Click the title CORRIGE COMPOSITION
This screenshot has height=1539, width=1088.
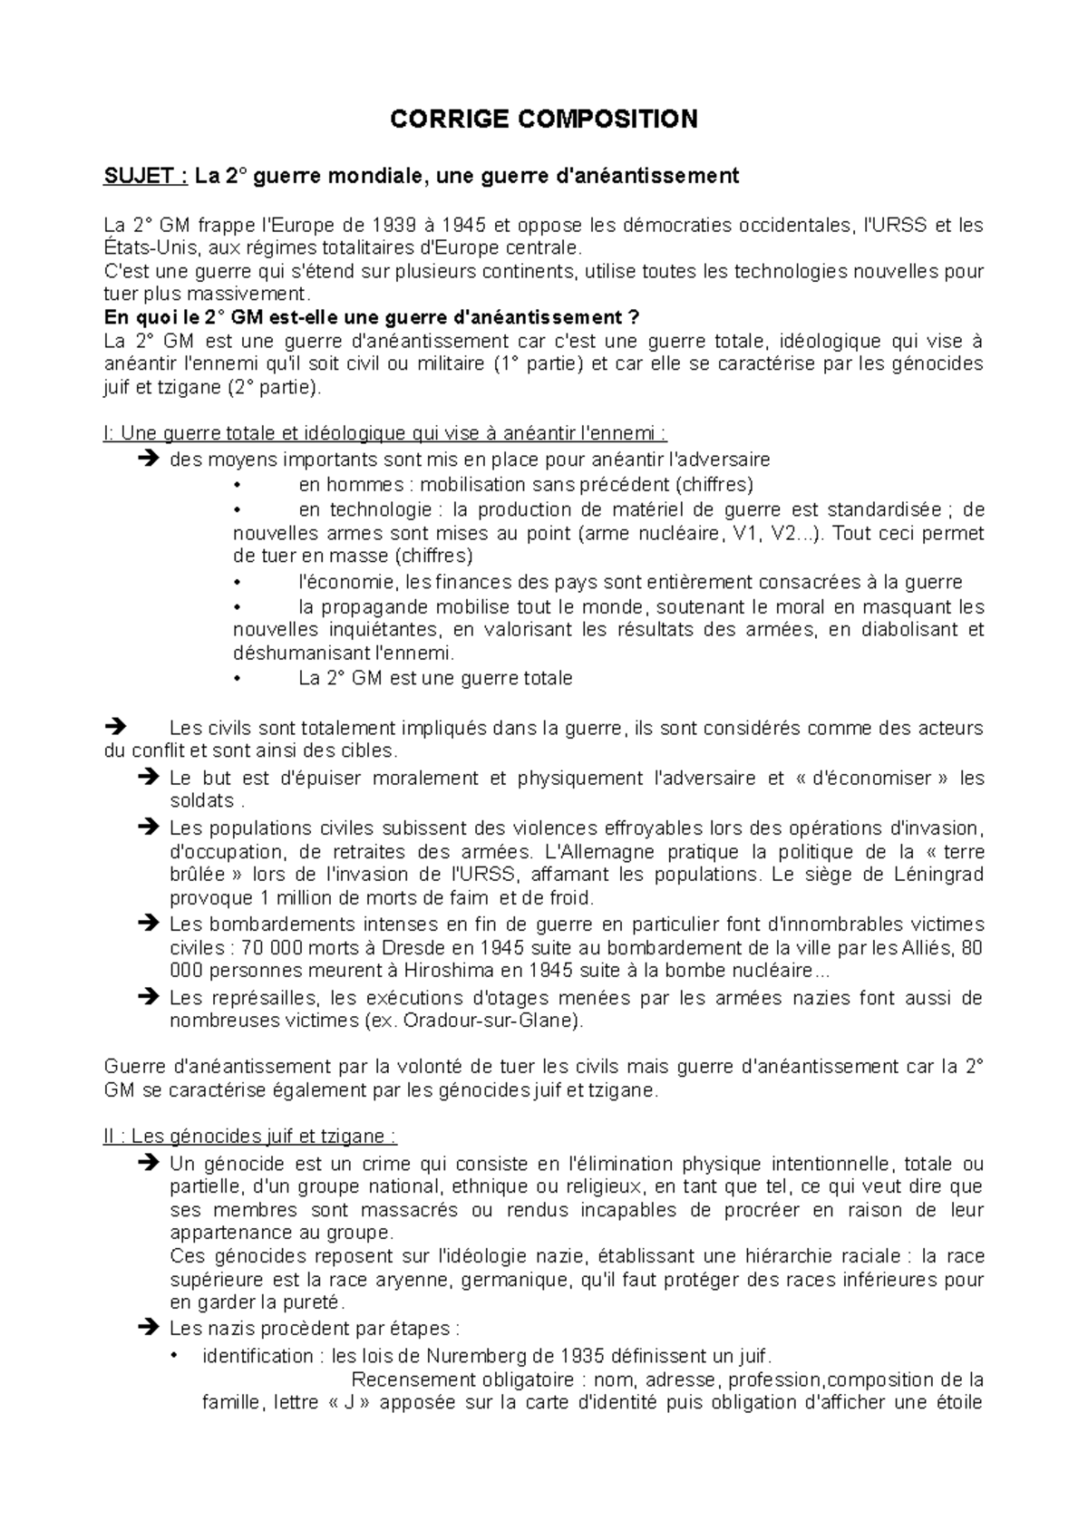click(543, 119)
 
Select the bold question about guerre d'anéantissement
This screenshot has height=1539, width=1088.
click(372, 318)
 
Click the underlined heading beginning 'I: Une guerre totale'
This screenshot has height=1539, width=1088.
click(384, 432)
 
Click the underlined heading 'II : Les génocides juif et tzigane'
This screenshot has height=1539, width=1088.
click(249, 1136)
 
